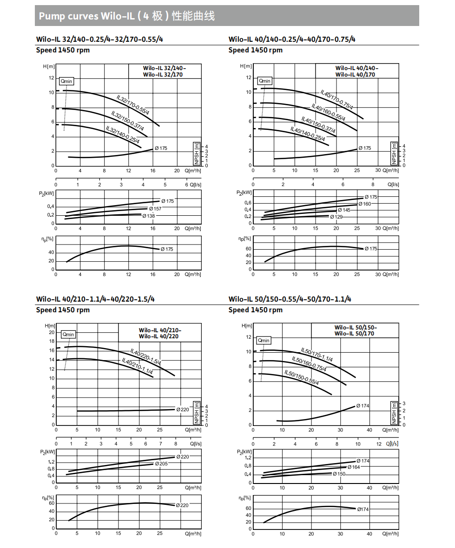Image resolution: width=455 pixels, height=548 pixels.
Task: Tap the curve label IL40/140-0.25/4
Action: click(x=307, y=133)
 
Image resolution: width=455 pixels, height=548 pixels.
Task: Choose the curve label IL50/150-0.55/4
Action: click(x=302, y=378)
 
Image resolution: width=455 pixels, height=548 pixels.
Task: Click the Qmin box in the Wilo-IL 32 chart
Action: click(x=66, y=81)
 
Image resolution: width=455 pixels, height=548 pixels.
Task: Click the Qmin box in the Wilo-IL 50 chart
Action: click(x=264, y=341)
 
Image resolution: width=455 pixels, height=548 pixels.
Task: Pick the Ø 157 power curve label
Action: click(x=154, y=209)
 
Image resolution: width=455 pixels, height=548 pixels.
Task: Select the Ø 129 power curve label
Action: click(x=336, y=217)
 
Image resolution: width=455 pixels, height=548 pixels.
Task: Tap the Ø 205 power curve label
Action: click(x=161, y=464)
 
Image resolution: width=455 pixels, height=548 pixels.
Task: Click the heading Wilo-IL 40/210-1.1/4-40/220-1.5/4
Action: click(x=95, y=299)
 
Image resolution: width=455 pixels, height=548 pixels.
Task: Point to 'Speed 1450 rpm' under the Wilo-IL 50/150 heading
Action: click(x=255, y=310)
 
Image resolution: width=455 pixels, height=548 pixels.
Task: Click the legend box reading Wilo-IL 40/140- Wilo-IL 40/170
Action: click(x=356, y=71)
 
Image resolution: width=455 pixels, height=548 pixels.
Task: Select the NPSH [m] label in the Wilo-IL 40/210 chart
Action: click(x=197, y=413)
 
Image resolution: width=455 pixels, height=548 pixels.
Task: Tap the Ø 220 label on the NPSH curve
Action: click(x=183, y=409)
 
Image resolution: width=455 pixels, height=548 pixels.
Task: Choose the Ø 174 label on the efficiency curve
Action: click(x=363, y=509)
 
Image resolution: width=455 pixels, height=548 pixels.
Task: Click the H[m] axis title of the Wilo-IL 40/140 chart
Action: click(x=246, y=66)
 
